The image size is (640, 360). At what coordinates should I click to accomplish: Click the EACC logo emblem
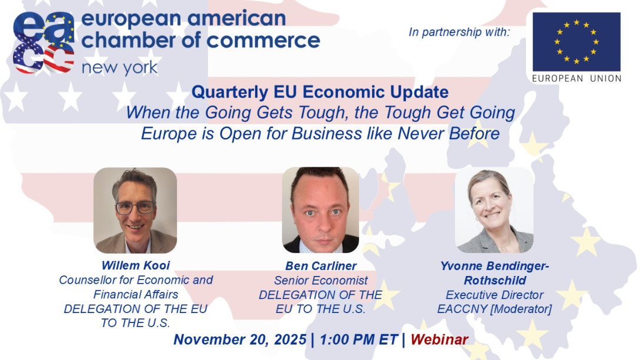tap(43, 42)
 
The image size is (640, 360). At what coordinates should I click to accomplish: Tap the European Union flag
tap(576, 42)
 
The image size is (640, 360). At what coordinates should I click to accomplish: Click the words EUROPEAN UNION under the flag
tap(576, 78)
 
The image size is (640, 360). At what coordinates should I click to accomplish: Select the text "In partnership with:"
tap(459, 32)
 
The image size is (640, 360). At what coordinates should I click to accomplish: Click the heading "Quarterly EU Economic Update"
tap(320, 92)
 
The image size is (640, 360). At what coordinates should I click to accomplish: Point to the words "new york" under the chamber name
tap(119, 68)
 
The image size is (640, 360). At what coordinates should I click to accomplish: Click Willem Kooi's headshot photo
tap(135, 210)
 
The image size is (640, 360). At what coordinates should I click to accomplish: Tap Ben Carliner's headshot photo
tap(320, 210)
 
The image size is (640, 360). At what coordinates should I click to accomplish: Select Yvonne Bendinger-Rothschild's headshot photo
tap(494, 210)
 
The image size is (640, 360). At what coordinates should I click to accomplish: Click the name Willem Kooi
tap(136, 265)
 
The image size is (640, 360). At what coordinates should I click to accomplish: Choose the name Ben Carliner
tap(320, 266)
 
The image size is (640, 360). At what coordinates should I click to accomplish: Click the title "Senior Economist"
tap(320, 281)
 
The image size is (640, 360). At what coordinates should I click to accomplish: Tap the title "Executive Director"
tap(494, 295)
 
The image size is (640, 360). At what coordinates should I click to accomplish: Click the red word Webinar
tap(439, 339)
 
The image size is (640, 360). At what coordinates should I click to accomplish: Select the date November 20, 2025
tap(240, 339)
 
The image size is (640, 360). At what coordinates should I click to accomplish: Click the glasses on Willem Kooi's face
tap(135, 207)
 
